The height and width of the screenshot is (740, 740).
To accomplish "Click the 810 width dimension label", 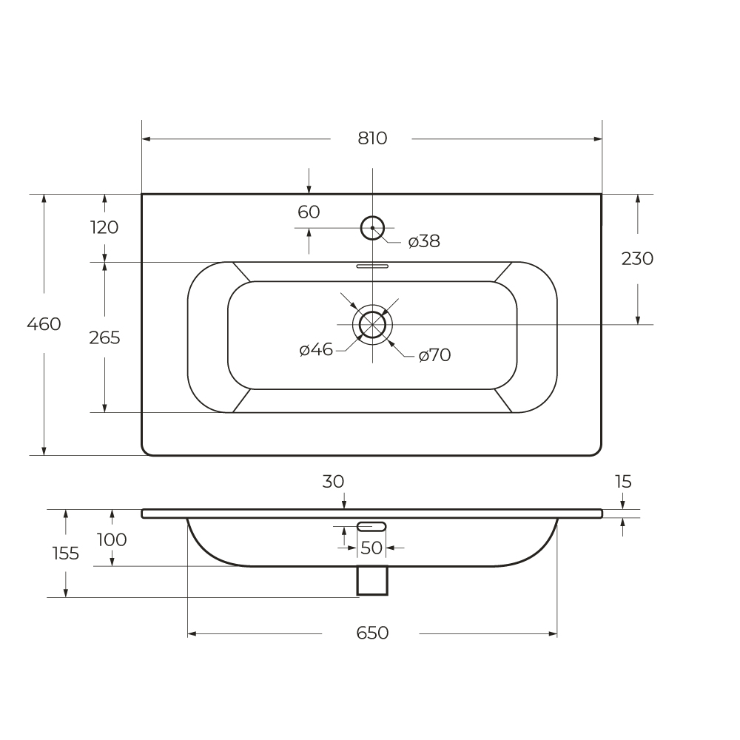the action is pos(372,138).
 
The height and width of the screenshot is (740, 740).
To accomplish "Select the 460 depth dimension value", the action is pos(44,324).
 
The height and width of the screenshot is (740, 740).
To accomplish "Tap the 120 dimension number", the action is pos(104,227).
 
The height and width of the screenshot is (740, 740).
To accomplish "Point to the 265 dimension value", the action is pos(105,338).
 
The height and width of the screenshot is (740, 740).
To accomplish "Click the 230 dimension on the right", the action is pos(637,258).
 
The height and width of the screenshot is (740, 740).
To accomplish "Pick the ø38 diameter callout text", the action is pos(424,241).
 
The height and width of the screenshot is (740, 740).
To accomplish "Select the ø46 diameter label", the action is pos(316,350).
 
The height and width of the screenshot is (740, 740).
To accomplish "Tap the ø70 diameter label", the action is pos(434,355).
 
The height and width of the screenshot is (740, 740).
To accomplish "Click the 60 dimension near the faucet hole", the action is pos(309,212).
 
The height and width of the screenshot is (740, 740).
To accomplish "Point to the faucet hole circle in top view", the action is pos(372,217).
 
